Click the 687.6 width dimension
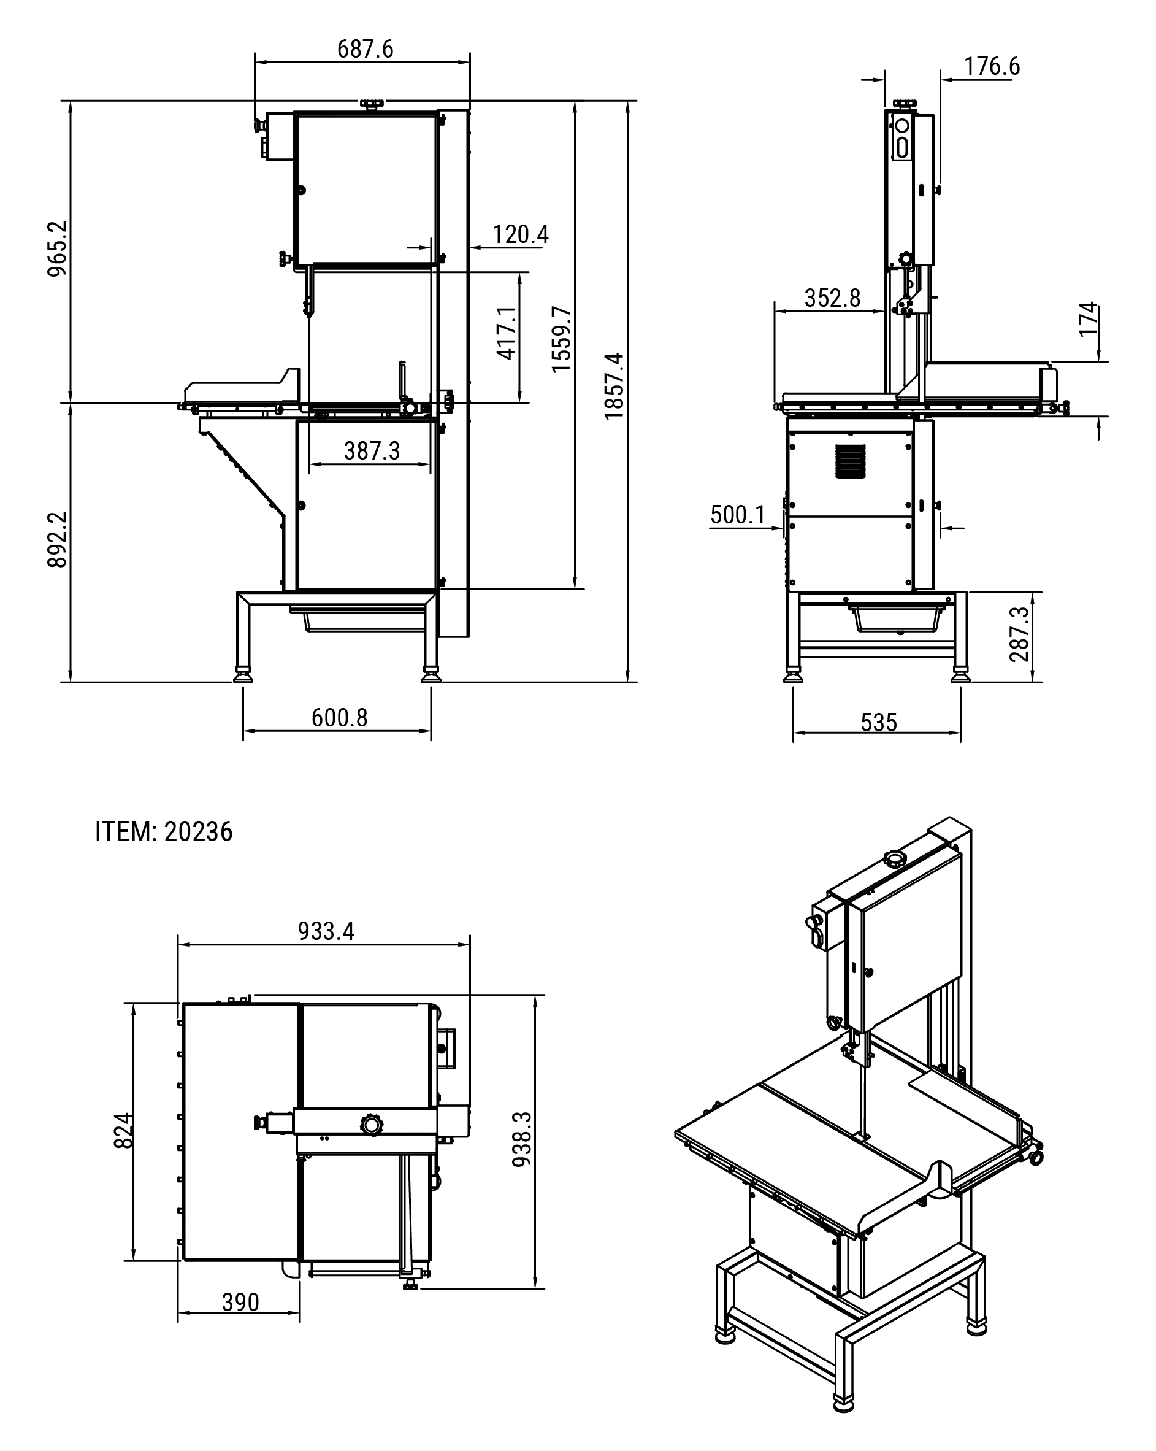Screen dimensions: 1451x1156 click(365, 49)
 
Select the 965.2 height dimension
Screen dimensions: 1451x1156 click(57, 248)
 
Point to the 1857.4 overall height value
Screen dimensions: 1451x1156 click(614, 387)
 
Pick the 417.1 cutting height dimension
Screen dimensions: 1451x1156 click(507, 333)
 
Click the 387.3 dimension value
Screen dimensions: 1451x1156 click(372, 450)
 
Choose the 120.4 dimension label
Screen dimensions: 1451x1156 click(520, 234)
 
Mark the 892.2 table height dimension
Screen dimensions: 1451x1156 click(57, 539)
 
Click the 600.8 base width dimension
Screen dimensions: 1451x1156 click(339, 717)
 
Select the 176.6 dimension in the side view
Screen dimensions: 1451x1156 click(991, 66)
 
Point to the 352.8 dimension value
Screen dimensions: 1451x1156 click(832, 298)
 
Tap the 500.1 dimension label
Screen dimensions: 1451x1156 click(738, 515)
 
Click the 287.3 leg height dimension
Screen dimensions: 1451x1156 click(1019, 634)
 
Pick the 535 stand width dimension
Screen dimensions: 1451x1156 click(879, 722)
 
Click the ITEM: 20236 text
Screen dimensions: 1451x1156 click(164, 832)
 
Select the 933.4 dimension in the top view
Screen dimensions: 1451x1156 click(326, 931)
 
